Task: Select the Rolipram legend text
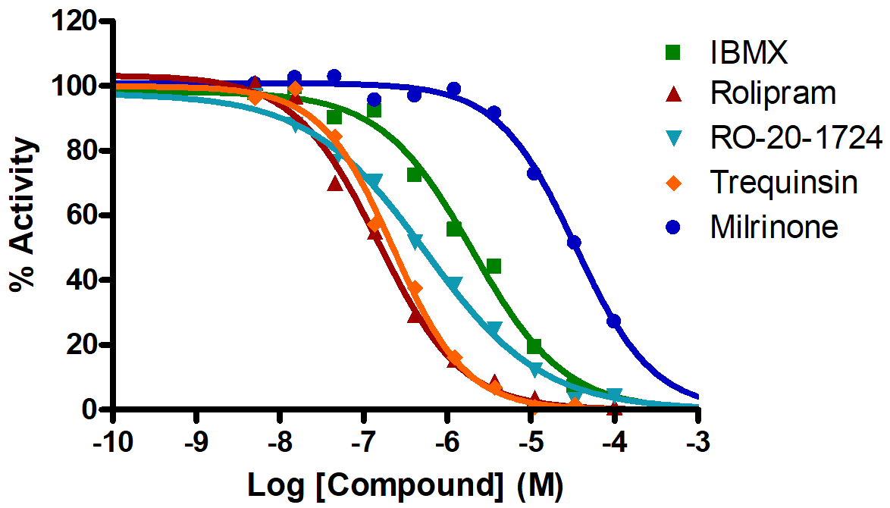pyautogui.click(x=773, y=94)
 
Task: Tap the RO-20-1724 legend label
pyautogui.click(x=796, y=138)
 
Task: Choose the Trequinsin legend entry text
pyautogui.click(x=784, y=182)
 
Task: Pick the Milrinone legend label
pyautogui.click(x=774, y=227)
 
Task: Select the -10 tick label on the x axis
pyautogui.click(x=112, y=442)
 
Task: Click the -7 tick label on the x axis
pyautogui.click(x=365, y=442)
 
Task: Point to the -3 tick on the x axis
pyautogui.click(x=697, y=442)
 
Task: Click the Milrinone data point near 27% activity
pyautogui.click(x=613, y=321)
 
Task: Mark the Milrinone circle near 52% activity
pyautogui.click(x=574, y=242)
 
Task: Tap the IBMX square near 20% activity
pyautogui.click(x=534, y=347)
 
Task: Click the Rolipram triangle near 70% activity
pyautogui.click(x=334, y=183)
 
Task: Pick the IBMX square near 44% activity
pyautogui.click(x=494, y=266)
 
